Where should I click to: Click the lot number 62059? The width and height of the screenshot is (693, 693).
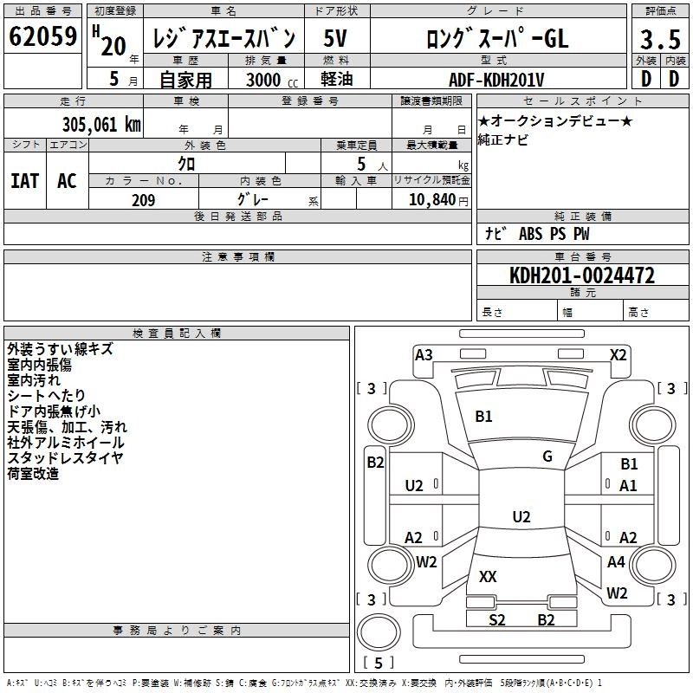click(43, 37)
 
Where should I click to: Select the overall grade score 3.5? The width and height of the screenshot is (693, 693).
click(659, 40)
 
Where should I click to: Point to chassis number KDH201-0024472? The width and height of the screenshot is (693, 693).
click(582, 275)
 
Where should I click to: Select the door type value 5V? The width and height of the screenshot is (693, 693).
click(337, 38)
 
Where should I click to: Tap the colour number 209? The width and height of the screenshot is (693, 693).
click(143, 200)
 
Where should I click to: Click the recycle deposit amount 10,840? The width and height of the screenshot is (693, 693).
click(431, 200)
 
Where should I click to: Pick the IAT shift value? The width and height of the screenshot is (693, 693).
click(24, 180)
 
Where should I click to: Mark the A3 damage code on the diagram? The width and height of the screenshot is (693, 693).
click(424, 354)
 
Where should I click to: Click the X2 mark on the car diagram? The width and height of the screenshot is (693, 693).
click(618, 354)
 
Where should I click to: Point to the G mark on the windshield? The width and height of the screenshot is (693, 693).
click(547, 456)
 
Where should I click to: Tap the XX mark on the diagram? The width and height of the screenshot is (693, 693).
click(488, 576)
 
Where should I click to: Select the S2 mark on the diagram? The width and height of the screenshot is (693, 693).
click(496, 619)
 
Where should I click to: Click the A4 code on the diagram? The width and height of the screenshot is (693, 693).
click(616, 562)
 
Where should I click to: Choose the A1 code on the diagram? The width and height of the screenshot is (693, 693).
click(628, 486)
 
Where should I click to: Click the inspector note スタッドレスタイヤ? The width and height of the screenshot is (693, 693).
click(66, 457)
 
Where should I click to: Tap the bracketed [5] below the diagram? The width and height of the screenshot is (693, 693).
click(378, 664)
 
